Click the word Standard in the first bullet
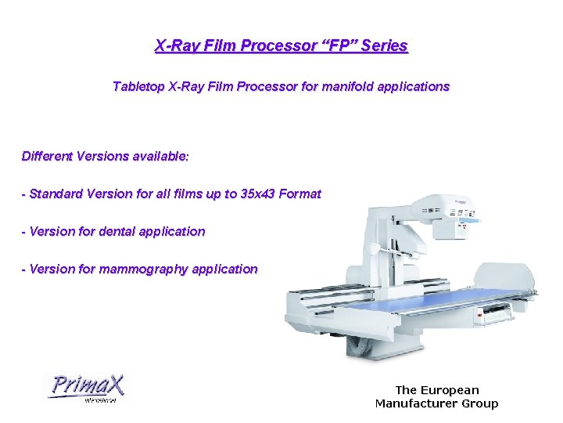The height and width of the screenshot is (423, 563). coord(57,193)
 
